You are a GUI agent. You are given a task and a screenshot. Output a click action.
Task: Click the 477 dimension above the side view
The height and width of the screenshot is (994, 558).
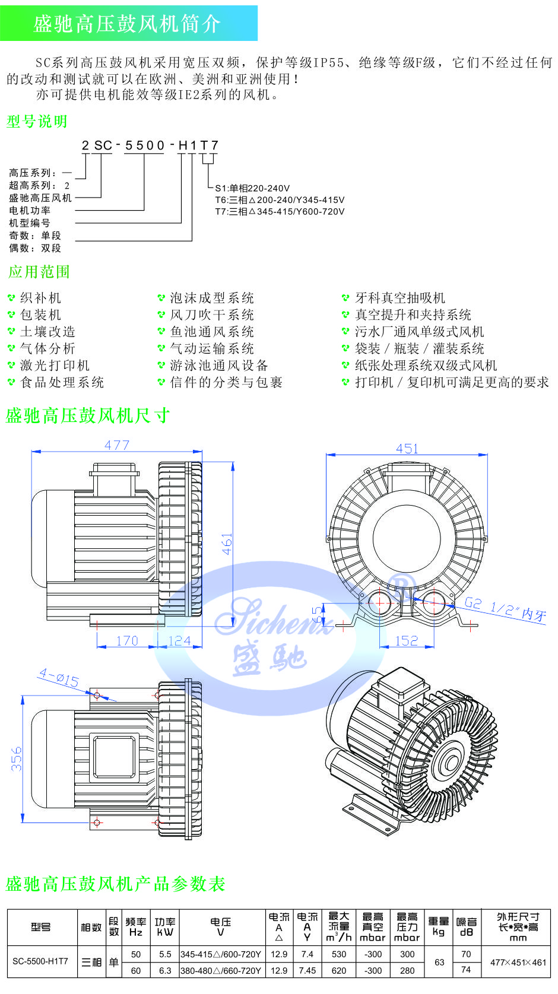117,445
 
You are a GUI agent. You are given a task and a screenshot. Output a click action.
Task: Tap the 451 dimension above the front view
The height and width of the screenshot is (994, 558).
407,449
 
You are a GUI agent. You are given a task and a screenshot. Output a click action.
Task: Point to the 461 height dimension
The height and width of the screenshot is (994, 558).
227,544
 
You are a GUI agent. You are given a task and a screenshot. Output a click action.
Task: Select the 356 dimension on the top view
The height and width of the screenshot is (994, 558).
17,758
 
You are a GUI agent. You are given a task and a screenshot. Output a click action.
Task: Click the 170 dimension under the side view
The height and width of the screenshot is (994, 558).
127,640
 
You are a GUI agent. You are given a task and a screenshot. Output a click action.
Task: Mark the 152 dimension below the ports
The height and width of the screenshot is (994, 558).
407,640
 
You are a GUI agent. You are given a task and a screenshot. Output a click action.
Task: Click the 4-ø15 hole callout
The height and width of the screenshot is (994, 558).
59,677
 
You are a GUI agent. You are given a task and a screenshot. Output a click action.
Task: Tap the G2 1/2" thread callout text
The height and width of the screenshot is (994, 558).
505,609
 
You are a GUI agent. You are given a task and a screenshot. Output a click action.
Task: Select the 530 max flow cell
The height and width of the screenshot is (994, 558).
339,954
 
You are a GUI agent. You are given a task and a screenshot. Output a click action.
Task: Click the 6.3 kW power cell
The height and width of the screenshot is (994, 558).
165,970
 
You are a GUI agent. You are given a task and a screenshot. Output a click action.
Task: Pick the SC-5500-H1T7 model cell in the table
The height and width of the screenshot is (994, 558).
40,961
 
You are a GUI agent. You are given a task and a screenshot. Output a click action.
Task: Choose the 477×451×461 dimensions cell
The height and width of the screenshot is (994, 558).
518,962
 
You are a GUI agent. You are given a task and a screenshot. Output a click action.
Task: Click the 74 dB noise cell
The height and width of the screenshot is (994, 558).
466,970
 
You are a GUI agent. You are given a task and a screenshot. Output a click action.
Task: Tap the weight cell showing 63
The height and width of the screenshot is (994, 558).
439,962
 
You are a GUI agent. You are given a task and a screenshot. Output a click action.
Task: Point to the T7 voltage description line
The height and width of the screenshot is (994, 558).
280,211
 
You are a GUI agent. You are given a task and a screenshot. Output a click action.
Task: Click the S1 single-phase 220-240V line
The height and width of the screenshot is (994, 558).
252,188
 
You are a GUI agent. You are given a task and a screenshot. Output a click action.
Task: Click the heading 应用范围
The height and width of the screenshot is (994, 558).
39,272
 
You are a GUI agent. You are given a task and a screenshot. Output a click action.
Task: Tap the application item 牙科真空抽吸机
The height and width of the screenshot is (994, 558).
400,298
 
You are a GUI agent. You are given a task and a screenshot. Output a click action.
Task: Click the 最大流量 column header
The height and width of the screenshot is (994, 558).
339,927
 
